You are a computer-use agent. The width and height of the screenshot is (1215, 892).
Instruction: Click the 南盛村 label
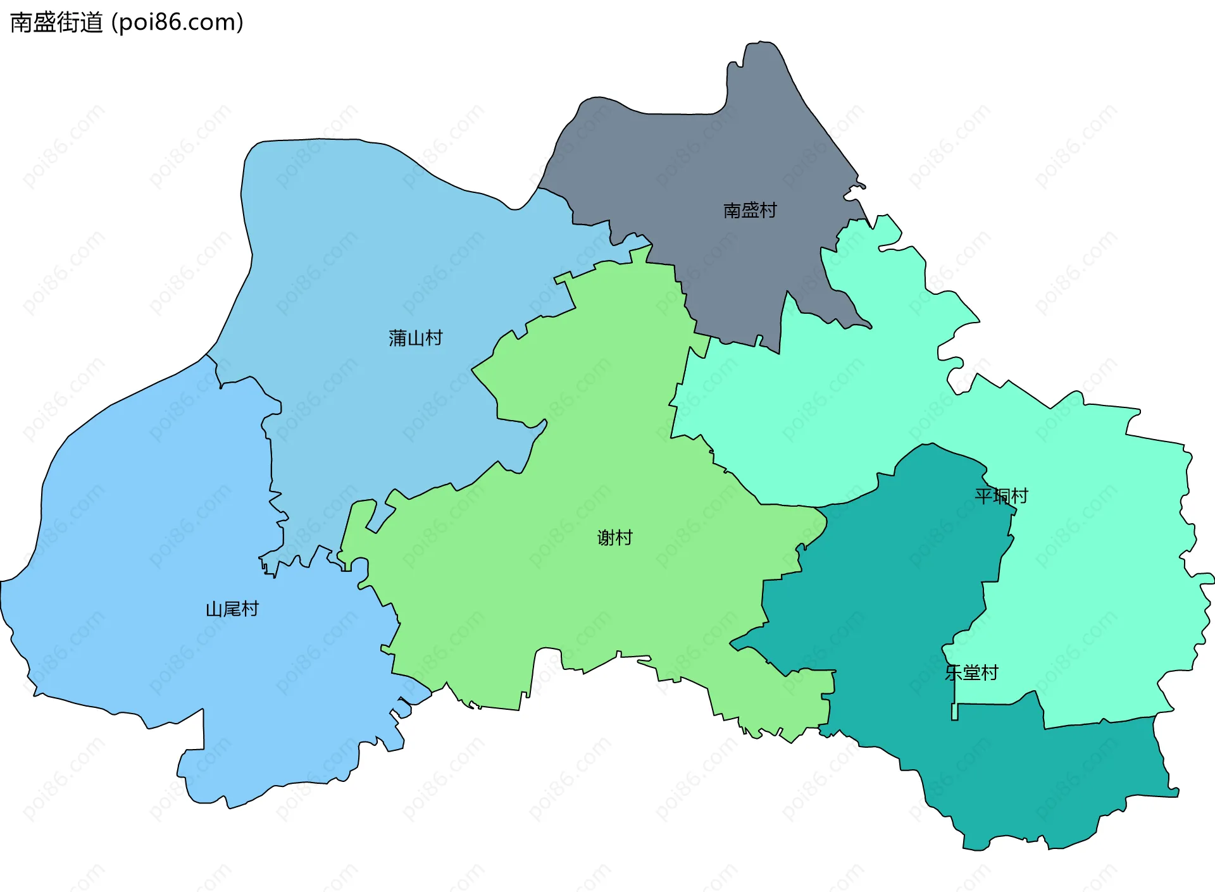point(750,210)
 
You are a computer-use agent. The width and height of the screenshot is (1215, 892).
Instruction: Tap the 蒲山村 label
point(415,338)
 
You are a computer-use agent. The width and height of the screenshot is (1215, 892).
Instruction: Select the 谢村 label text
point(614,538)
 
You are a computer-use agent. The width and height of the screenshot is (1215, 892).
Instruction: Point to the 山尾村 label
point(232,609)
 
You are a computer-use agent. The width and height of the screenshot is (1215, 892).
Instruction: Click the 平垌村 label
point(1001,496)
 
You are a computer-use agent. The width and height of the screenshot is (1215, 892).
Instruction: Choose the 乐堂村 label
point(971,672)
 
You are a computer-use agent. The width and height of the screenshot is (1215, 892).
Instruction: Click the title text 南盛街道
point(56,23)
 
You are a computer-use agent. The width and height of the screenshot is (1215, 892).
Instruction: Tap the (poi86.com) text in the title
point(177,23)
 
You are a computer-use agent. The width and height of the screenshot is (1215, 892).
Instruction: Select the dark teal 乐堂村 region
point(886,601)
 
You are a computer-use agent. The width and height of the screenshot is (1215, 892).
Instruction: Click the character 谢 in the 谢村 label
point(606,538)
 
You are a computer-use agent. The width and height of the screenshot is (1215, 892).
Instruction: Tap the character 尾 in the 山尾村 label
point(232,609)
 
